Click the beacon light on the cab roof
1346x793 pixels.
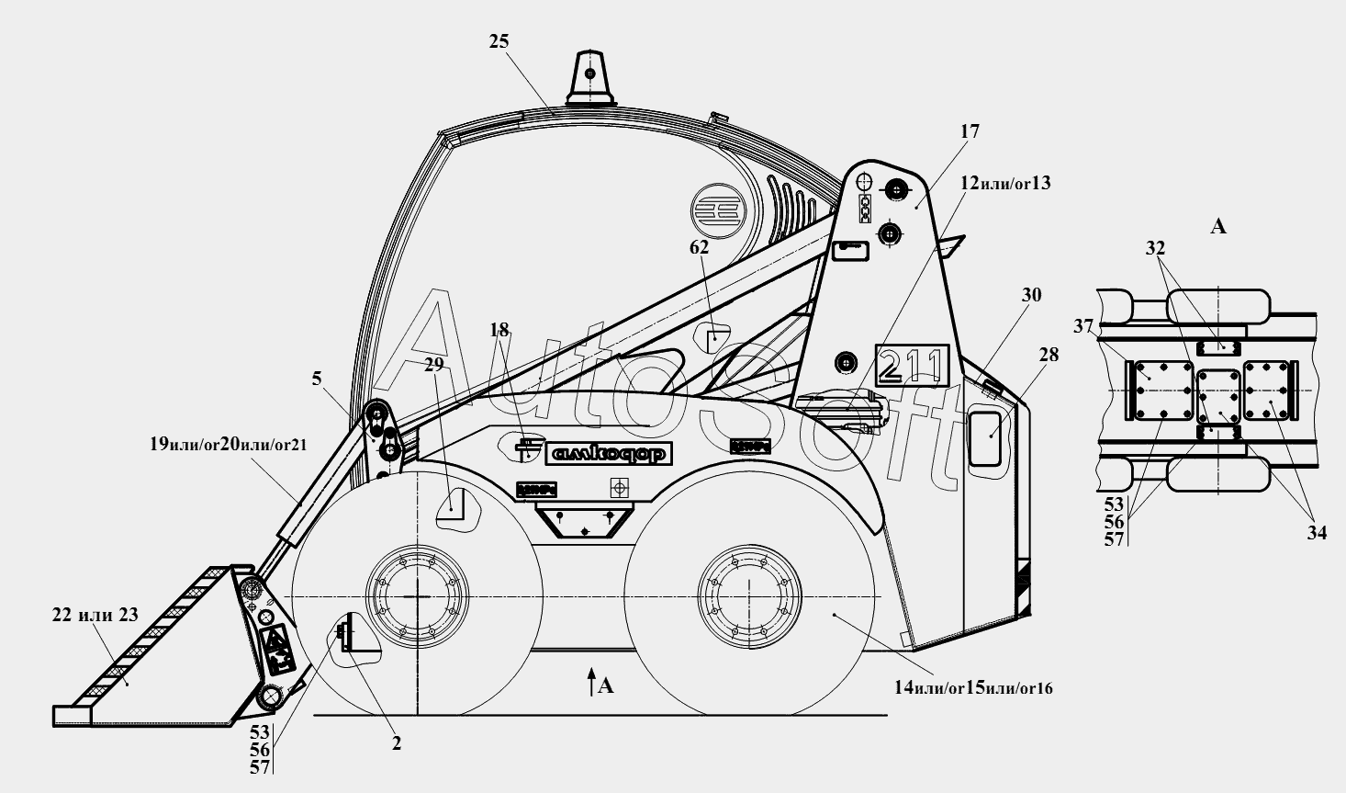[x=589, y=79]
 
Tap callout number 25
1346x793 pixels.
[x=499, y=41]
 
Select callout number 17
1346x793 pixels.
[x=970, y=132]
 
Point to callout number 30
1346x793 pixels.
[x=1032, y=296]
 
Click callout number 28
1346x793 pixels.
[x=1049, y=354]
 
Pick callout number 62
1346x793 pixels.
[x=700, y=247]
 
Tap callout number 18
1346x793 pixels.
[x=499, y=330]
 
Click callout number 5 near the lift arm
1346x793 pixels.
[x=317, y=378]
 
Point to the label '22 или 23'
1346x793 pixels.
[x=95, y=616]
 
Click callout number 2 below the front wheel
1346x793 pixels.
[x=397, y=744]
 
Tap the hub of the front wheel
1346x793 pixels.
[x=415, y=597]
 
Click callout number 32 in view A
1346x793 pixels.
[x=1155, y=248]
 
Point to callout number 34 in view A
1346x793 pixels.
[x=1317, y=532]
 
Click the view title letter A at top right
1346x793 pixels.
[x=1218, y=226]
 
